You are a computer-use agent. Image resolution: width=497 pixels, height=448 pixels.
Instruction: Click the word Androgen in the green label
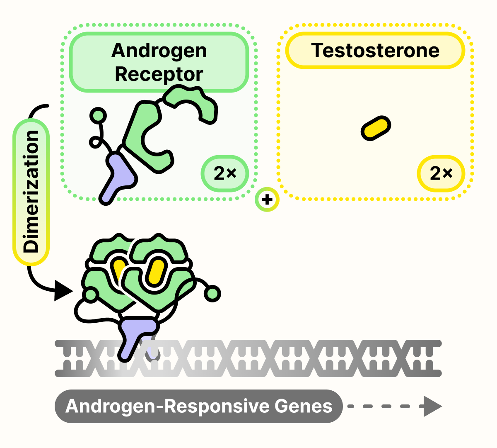pos(159,51)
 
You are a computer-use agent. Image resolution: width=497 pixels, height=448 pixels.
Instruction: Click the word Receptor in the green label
pos(159,75)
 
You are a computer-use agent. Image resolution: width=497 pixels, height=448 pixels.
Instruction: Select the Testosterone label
pos(375,51)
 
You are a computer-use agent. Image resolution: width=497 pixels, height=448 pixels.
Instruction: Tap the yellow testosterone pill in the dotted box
pos(376,128)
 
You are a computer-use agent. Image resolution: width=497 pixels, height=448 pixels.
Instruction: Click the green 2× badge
pos(225,173)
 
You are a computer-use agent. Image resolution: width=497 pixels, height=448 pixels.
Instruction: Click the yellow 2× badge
pos(441,173)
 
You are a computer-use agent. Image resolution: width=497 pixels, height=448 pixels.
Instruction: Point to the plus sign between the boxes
pos(267,200)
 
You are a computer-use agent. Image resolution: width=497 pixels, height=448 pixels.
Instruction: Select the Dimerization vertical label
pos(31,192)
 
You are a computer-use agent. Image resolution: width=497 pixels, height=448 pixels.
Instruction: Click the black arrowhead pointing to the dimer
pos(63,290)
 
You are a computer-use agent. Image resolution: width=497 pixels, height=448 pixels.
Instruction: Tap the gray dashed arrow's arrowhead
pos(432,407)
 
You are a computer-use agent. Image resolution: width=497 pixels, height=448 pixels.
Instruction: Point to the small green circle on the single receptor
pos(99,115)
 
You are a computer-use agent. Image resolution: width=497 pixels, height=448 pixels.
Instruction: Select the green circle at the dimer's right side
pos(212,294)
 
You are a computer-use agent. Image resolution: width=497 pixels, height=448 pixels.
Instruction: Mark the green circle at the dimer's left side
pos(90,295)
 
